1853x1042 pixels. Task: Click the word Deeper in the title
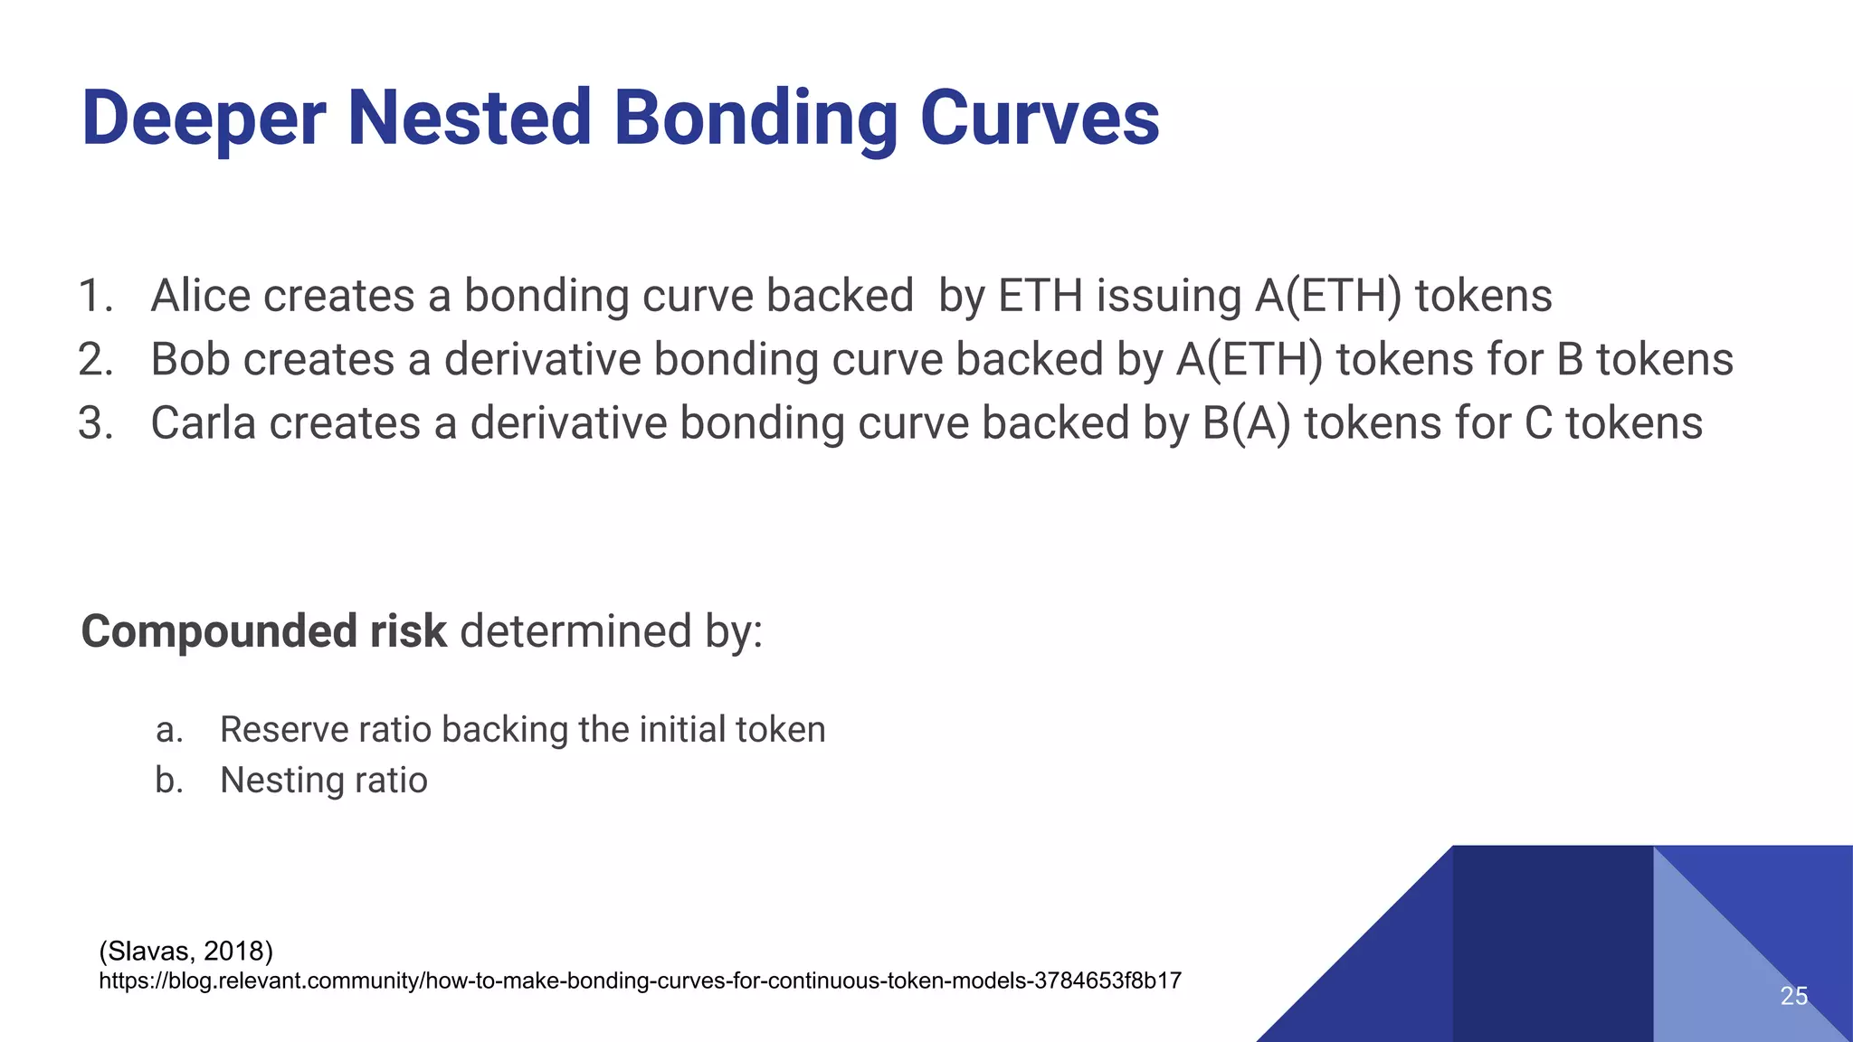[x=204, y=118]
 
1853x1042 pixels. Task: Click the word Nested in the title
[x=470, y=118]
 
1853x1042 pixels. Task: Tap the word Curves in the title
[x=1040, y=118]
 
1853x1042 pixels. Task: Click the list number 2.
[x=95, y=360]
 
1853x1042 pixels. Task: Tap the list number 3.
[x=95, y=424]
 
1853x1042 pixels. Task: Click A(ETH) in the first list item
[x=1328, y=296]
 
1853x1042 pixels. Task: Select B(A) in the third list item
[x=1246, y=423]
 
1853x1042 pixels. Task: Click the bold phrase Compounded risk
[x=263, y=630]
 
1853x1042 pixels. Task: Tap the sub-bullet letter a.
[x=168, y=730]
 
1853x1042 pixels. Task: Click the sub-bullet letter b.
[x=168, y=781]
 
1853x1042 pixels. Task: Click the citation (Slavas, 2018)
[x=185, y=951]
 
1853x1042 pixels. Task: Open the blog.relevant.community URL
[x=640, y=980]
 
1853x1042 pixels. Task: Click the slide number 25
[x=1793, y=996]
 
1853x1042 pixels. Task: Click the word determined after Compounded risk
[x=575, y=630]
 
